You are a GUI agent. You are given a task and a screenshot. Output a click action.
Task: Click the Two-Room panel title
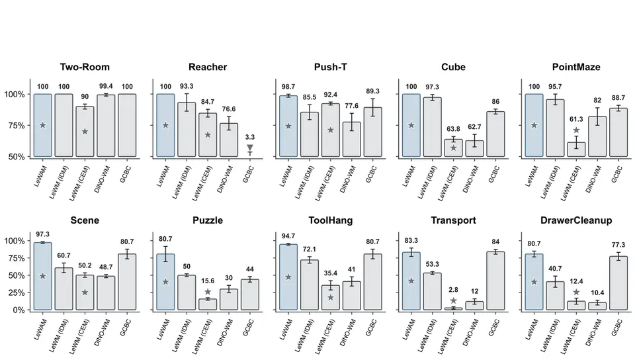[x=85, y=67]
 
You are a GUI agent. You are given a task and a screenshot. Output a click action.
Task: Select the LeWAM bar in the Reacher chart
[x=165, y=125]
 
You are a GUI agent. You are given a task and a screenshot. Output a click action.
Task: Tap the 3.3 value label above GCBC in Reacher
[x=250, y=137]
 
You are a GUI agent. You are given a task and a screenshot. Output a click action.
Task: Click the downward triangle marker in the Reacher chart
[x=250, y=148]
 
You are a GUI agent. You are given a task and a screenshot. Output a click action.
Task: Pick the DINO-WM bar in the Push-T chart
[x=351, y=140]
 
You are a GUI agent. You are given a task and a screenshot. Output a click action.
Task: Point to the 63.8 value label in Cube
[x=453, y=129]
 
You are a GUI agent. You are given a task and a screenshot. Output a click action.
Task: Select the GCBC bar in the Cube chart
[x=495, y=134]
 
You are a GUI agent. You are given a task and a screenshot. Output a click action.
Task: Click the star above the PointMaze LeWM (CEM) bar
[x=576, y=130]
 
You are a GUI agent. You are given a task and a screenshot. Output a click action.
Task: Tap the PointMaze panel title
[x=576, y=67]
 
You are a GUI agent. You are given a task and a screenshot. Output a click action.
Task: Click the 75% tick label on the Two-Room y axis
[x=15, y=126]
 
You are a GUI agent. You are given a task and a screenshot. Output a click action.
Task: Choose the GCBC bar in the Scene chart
[x=127, y=283]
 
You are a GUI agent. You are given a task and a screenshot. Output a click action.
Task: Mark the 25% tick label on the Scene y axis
[x=15, y=292]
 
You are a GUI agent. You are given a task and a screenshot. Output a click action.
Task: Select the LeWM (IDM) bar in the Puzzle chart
[x=187, y=292]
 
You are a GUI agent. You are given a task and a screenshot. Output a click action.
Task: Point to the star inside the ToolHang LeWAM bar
[x=288, y=277]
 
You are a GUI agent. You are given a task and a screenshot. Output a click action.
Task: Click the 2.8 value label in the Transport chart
[x=453, y=290]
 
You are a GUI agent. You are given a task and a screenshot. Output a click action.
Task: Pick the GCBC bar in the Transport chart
[x=495, y=281]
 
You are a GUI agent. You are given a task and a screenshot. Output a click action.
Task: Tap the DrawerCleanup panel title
[x=576, y=220]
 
